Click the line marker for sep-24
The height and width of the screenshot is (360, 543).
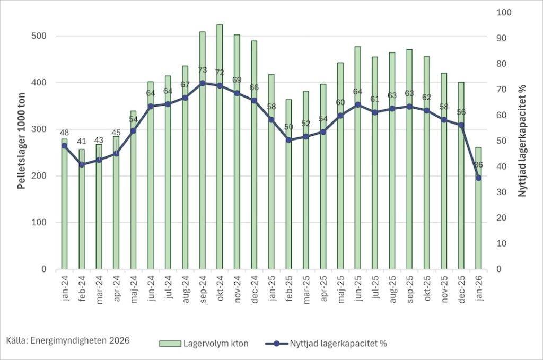[x=202, y=83]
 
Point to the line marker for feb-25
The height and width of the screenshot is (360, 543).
[x=288, y=140]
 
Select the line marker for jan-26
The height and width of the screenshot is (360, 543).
[x=478, y=178]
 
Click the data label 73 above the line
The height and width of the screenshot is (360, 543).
[x=202, y=70]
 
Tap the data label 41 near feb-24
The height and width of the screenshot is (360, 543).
[x=82, y=142]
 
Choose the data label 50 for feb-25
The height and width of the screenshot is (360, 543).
[x=288, y=127]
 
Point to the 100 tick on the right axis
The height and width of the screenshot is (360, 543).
[x=501, y=12]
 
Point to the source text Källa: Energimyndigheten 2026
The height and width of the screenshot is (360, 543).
[x=68, y=339]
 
